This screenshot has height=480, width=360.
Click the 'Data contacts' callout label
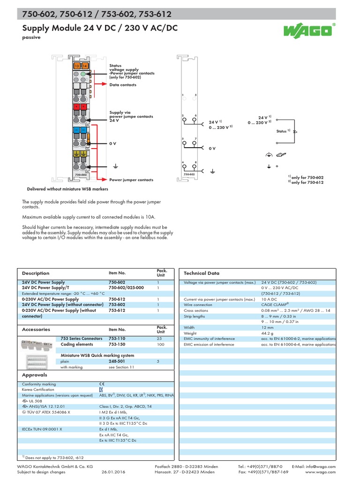[123, 85]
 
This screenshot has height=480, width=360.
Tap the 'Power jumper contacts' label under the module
[131, 180]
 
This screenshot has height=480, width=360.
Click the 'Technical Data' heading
[201, 273]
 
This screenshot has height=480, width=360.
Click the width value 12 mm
[268, 327]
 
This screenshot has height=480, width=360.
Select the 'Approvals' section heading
[35, 375]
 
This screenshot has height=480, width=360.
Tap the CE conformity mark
[102, 384]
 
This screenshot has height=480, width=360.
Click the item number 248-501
[117, 361]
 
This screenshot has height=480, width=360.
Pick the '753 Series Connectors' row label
[82, 338]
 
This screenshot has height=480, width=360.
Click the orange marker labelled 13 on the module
[77, 66]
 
